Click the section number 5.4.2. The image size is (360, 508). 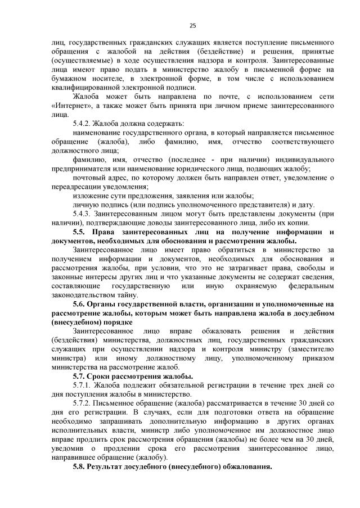(x=82, y=123)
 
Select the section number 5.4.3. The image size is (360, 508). (x=82, y=214)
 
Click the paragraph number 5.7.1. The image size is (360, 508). (x=82, y=385)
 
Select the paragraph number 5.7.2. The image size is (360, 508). (x=82, y=403)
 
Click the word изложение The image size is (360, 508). (x=91, y=196)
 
